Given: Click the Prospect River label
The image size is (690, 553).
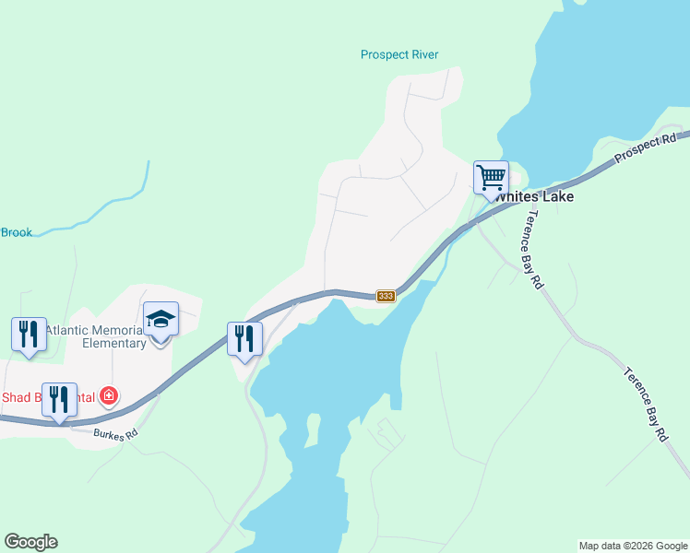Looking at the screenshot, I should click(x=399, y=54).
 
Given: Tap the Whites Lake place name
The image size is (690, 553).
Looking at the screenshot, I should click(x=534, y=197).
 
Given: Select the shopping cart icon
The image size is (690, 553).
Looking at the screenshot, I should click(x=491, y=176).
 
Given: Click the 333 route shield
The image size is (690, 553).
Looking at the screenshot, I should click(x=386, y=296).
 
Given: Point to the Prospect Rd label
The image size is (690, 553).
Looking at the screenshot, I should click(x=646, y=147).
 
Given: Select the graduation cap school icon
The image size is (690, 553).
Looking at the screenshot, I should click(x=161, y=319).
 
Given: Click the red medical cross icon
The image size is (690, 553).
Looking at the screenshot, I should click(x=109, y=396).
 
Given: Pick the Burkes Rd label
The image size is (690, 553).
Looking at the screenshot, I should click(x=115, y=432).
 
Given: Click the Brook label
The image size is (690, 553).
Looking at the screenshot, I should click(x=16, y=232).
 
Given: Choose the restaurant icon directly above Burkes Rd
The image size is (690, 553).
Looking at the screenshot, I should click(x=59, y=400).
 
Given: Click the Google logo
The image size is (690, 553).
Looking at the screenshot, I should click(x=30, y=542).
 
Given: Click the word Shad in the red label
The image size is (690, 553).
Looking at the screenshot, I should click(x=18, y=397).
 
